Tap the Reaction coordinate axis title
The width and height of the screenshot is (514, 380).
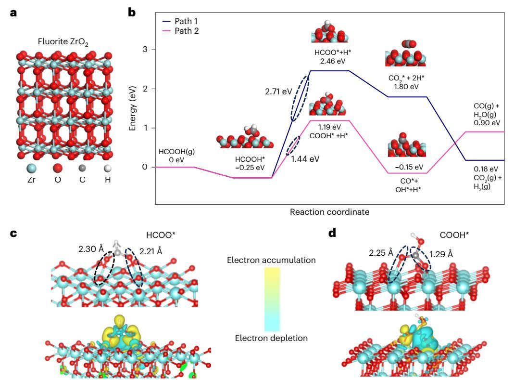tap(329, 211)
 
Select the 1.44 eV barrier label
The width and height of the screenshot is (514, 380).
tap(305, 157)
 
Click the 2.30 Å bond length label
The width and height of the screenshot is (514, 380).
tap(91, 249)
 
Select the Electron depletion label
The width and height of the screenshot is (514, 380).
tap(271, 338)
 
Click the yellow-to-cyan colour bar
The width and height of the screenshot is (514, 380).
tap(272, 299)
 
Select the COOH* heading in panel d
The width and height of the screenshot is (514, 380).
tap(455, 236)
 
